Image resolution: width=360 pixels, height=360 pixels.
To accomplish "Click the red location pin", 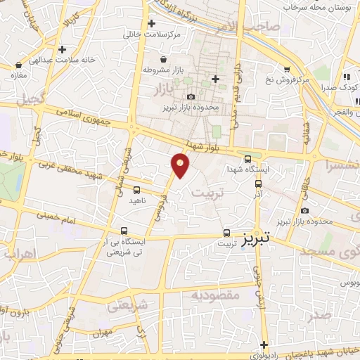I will click(181, 165).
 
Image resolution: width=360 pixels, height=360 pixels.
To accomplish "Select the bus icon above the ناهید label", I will click(136, 189).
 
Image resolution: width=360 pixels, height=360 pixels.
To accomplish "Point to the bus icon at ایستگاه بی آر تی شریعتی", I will click(124, 231).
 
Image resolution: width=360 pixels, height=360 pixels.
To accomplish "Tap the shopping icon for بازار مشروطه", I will click(164, 59).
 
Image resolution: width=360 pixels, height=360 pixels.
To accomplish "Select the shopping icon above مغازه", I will click(15, 64).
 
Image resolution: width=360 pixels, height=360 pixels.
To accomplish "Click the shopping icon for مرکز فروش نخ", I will click(286, 69).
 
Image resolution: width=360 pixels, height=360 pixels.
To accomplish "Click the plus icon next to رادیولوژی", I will click(263, 345).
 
